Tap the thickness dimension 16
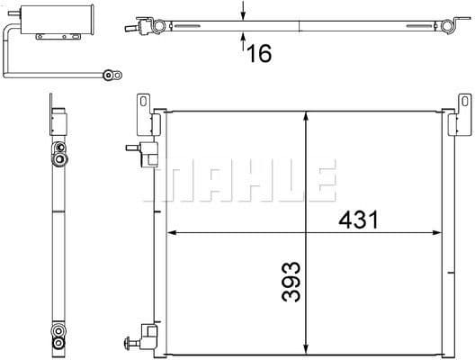pyautogui.click(x=258, y=53)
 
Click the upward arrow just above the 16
pyautogui.click(x=244, y=37)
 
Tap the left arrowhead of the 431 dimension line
pyautogui.click(x=174, y=233)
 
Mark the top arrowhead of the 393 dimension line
pyautogui.click(x=309, y=115)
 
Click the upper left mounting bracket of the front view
pyautogui.click(x=142, y=111)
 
